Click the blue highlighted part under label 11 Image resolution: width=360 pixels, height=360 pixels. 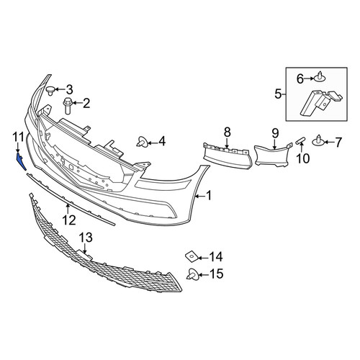(x=21, y=161)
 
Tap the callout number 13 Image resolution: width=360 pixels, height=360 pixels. (x=86, y=238)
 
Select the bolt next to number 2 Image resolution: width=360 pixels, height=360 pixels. (x=67, y=106)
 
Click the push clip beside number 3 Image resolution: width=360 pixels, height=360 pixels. (x=50, y=90)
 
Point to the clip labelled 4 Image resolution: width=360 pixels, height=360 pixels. (x=142, y=142)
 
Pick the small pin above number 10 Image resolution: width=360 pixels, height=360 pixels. (x=300, y=141)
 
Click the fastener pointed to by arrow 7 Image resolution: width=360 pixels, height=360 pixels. (x=318, y=142)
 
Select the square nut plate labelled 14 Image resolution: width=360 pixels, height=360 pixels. (x=192, y=257)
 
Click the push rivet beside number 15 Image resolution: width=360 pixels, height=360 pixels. (x=192, y=274)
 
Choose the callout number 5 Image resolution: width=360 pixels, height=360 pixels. (x=278, y=94)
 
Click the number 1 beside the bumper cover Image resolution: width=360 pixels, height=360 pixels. (x=209, y=196)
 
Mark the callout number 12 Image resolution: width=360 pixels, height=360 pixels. (x=69, y=220)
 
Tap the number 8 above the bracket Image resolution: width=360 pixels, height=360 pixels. (x=227, y=132)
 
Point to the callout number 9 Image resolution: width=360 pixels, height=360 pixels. (x=275, y=133)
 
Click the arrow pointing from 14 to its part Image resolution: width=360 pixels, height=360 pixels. (x=204, y=258)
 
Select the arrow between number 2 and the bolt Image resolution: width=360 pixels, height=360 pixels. (x=77, y=103)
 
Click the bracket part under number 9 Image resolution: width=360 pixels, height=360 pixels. (x=273, y=155)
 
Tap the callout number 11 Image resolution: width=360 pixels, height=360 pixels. (x=18, y=137)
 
